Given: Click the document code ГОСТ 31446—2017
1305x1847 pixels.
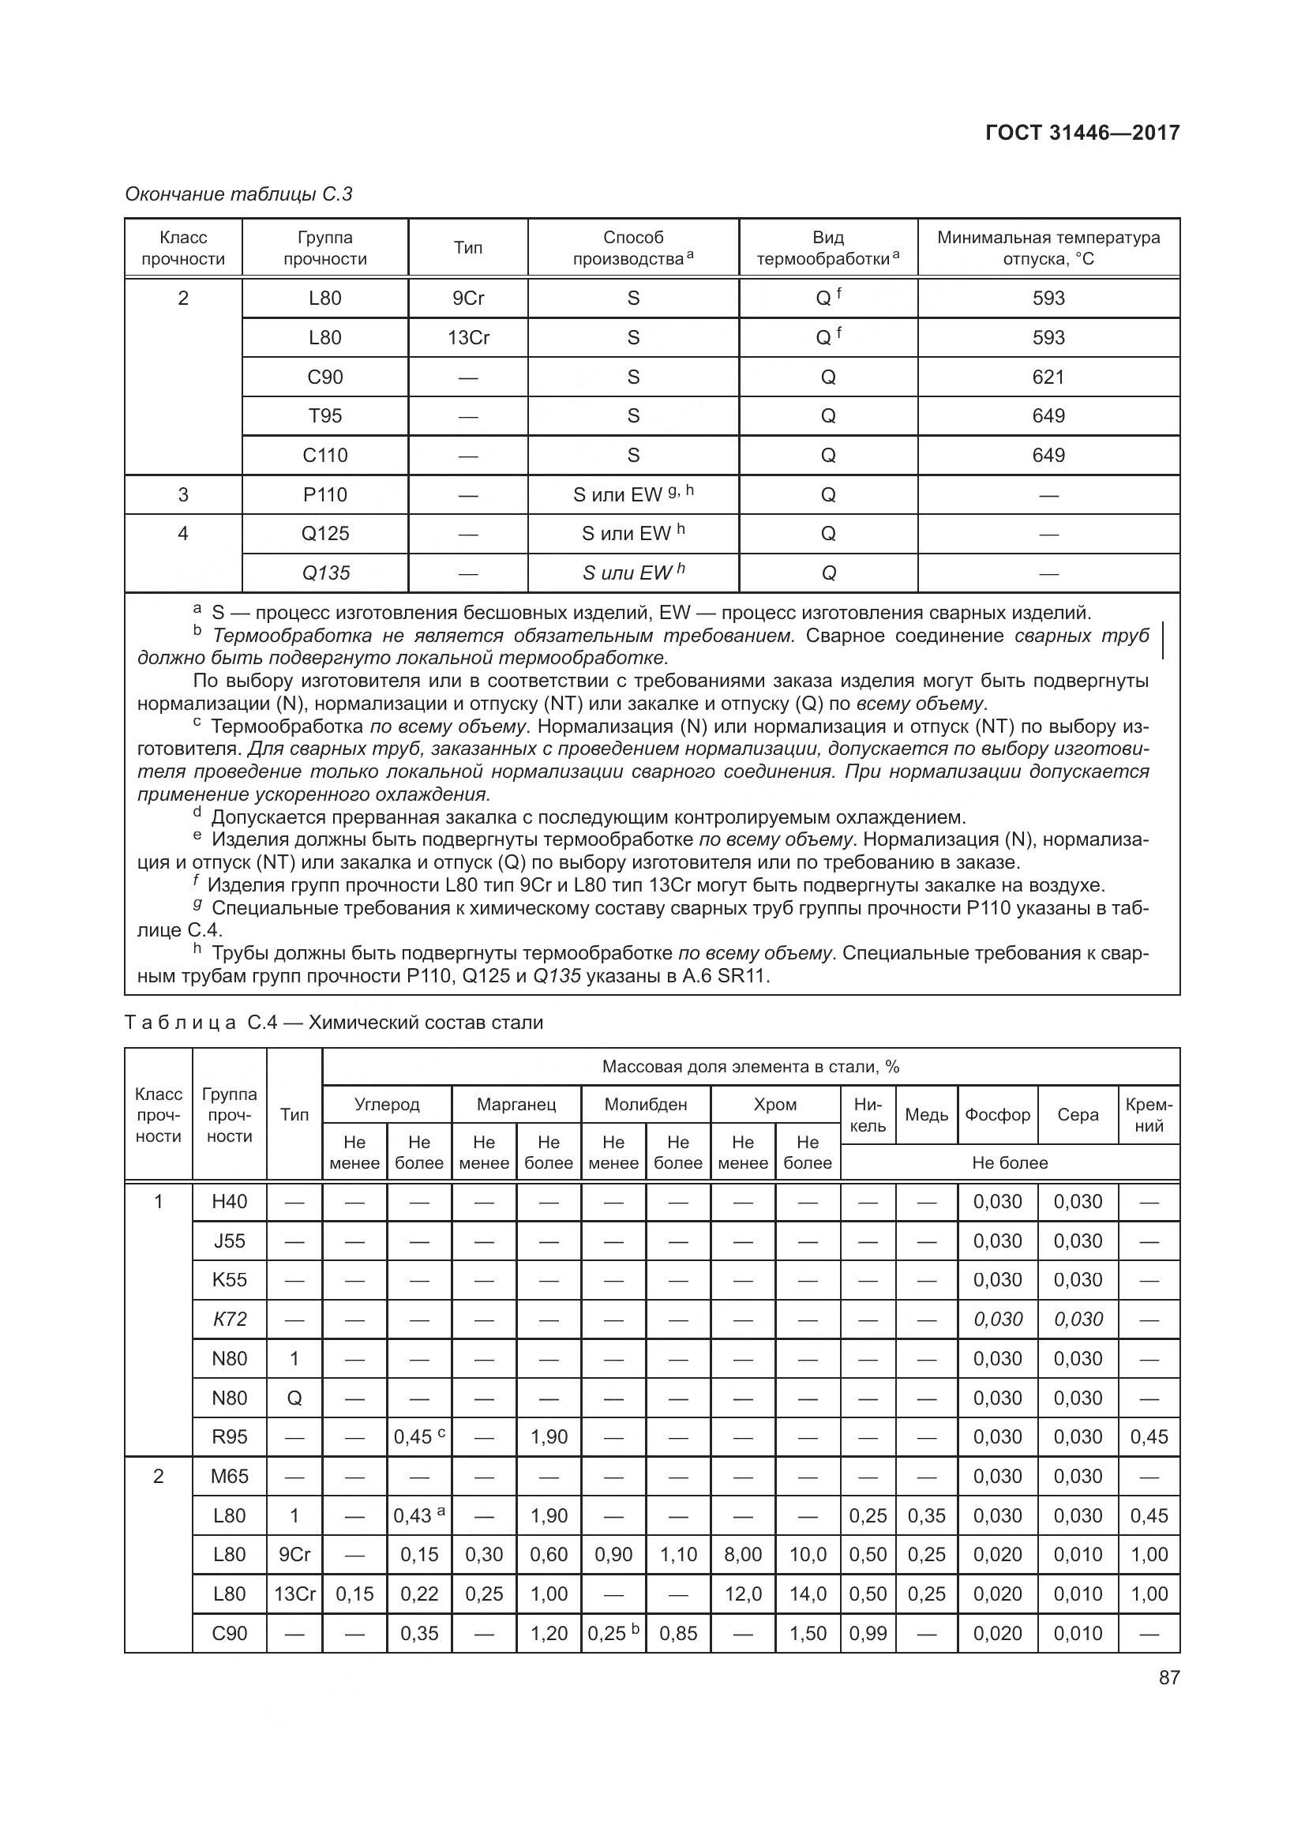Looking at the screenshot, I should (x=1082, y=133).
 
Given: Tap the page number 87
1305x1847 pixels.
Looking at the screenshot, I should (x=1169, y=1677).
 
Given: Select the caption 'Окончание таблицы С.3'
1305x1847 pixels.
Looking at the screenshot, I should (x=238, y=194).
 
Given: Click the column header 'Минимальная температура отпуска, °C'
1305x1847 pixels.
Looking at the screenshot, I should (x=1048, y=248).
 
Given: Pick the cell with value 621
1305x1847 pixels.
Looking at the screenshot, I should (x=1048, y=377).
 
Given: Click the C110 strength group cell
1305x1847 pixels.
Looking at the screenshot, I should (x=324, y=456).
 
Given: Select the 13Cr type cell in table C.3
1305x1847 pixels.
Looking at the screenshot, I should (x=468, y=337).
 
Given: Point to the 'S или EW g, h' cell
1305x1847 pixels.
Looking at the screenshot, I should (x=633, y=494).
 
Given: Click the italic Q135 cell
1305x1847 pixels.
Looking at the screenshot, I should (x=324, y=572).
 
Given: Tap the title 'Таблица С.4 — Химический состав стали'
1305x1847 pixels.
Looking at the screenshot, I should (x=334, y=1023).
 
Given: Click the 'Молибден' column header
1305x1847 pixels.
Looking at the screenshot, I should (x=646, y=1105).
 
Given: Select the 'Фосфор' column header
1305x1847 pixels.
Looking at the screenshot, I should (x=997, y=1115).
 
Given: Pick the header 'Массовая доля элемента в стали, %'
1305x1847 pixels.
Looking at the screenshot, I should (x=750, y=1067).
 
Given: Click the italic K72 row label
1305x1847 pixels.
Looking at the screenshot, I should (x=229, y=1320).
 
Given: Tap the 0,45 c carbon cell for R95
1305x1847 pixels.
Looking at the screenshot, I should (x=419, y=1436).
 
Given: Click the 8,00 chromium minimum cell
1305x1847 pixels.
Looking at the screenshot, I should (x=742, y=1554).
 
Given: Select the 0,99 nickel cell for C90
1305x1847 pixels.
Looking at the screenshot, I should (x=868, y=1633).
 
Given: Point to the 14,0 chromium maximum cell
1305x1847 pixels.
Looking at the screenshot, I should (x=808, y=1594).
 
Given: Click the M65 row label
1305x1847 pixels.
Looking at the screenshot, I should (x=229, y=1476).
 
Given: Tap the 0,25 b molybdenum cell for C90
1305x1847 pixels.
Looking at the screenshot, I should (x=613, y=1633).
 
